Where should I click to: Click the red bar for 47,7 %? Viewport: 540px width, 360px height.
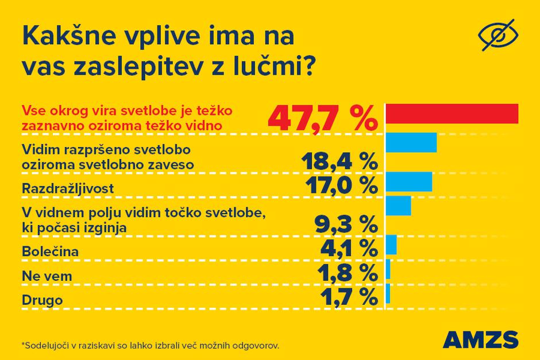452,114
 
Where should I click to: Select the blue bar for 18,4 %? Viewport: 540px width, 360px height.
411,142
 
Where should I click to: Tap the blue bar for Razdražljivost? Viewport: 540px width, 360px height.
408,181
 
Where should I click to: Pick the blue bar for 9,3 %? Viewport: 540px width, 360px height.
398,206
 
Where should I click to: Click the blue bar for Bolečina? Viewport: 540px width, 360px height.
391,245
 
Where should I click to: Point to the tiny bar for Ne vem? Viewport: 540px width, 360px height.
388,269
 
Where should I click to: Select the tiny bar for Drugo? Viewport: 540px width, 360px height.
388,293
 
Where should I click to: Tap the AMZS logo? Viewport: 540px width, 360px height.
480,340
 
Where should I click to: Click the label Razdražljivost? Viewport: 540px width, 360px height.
68,188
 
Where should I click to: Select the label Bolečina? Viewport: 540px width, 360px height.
49,251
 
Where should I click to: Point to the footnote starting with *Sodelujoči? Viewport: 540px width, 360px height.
150,346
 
